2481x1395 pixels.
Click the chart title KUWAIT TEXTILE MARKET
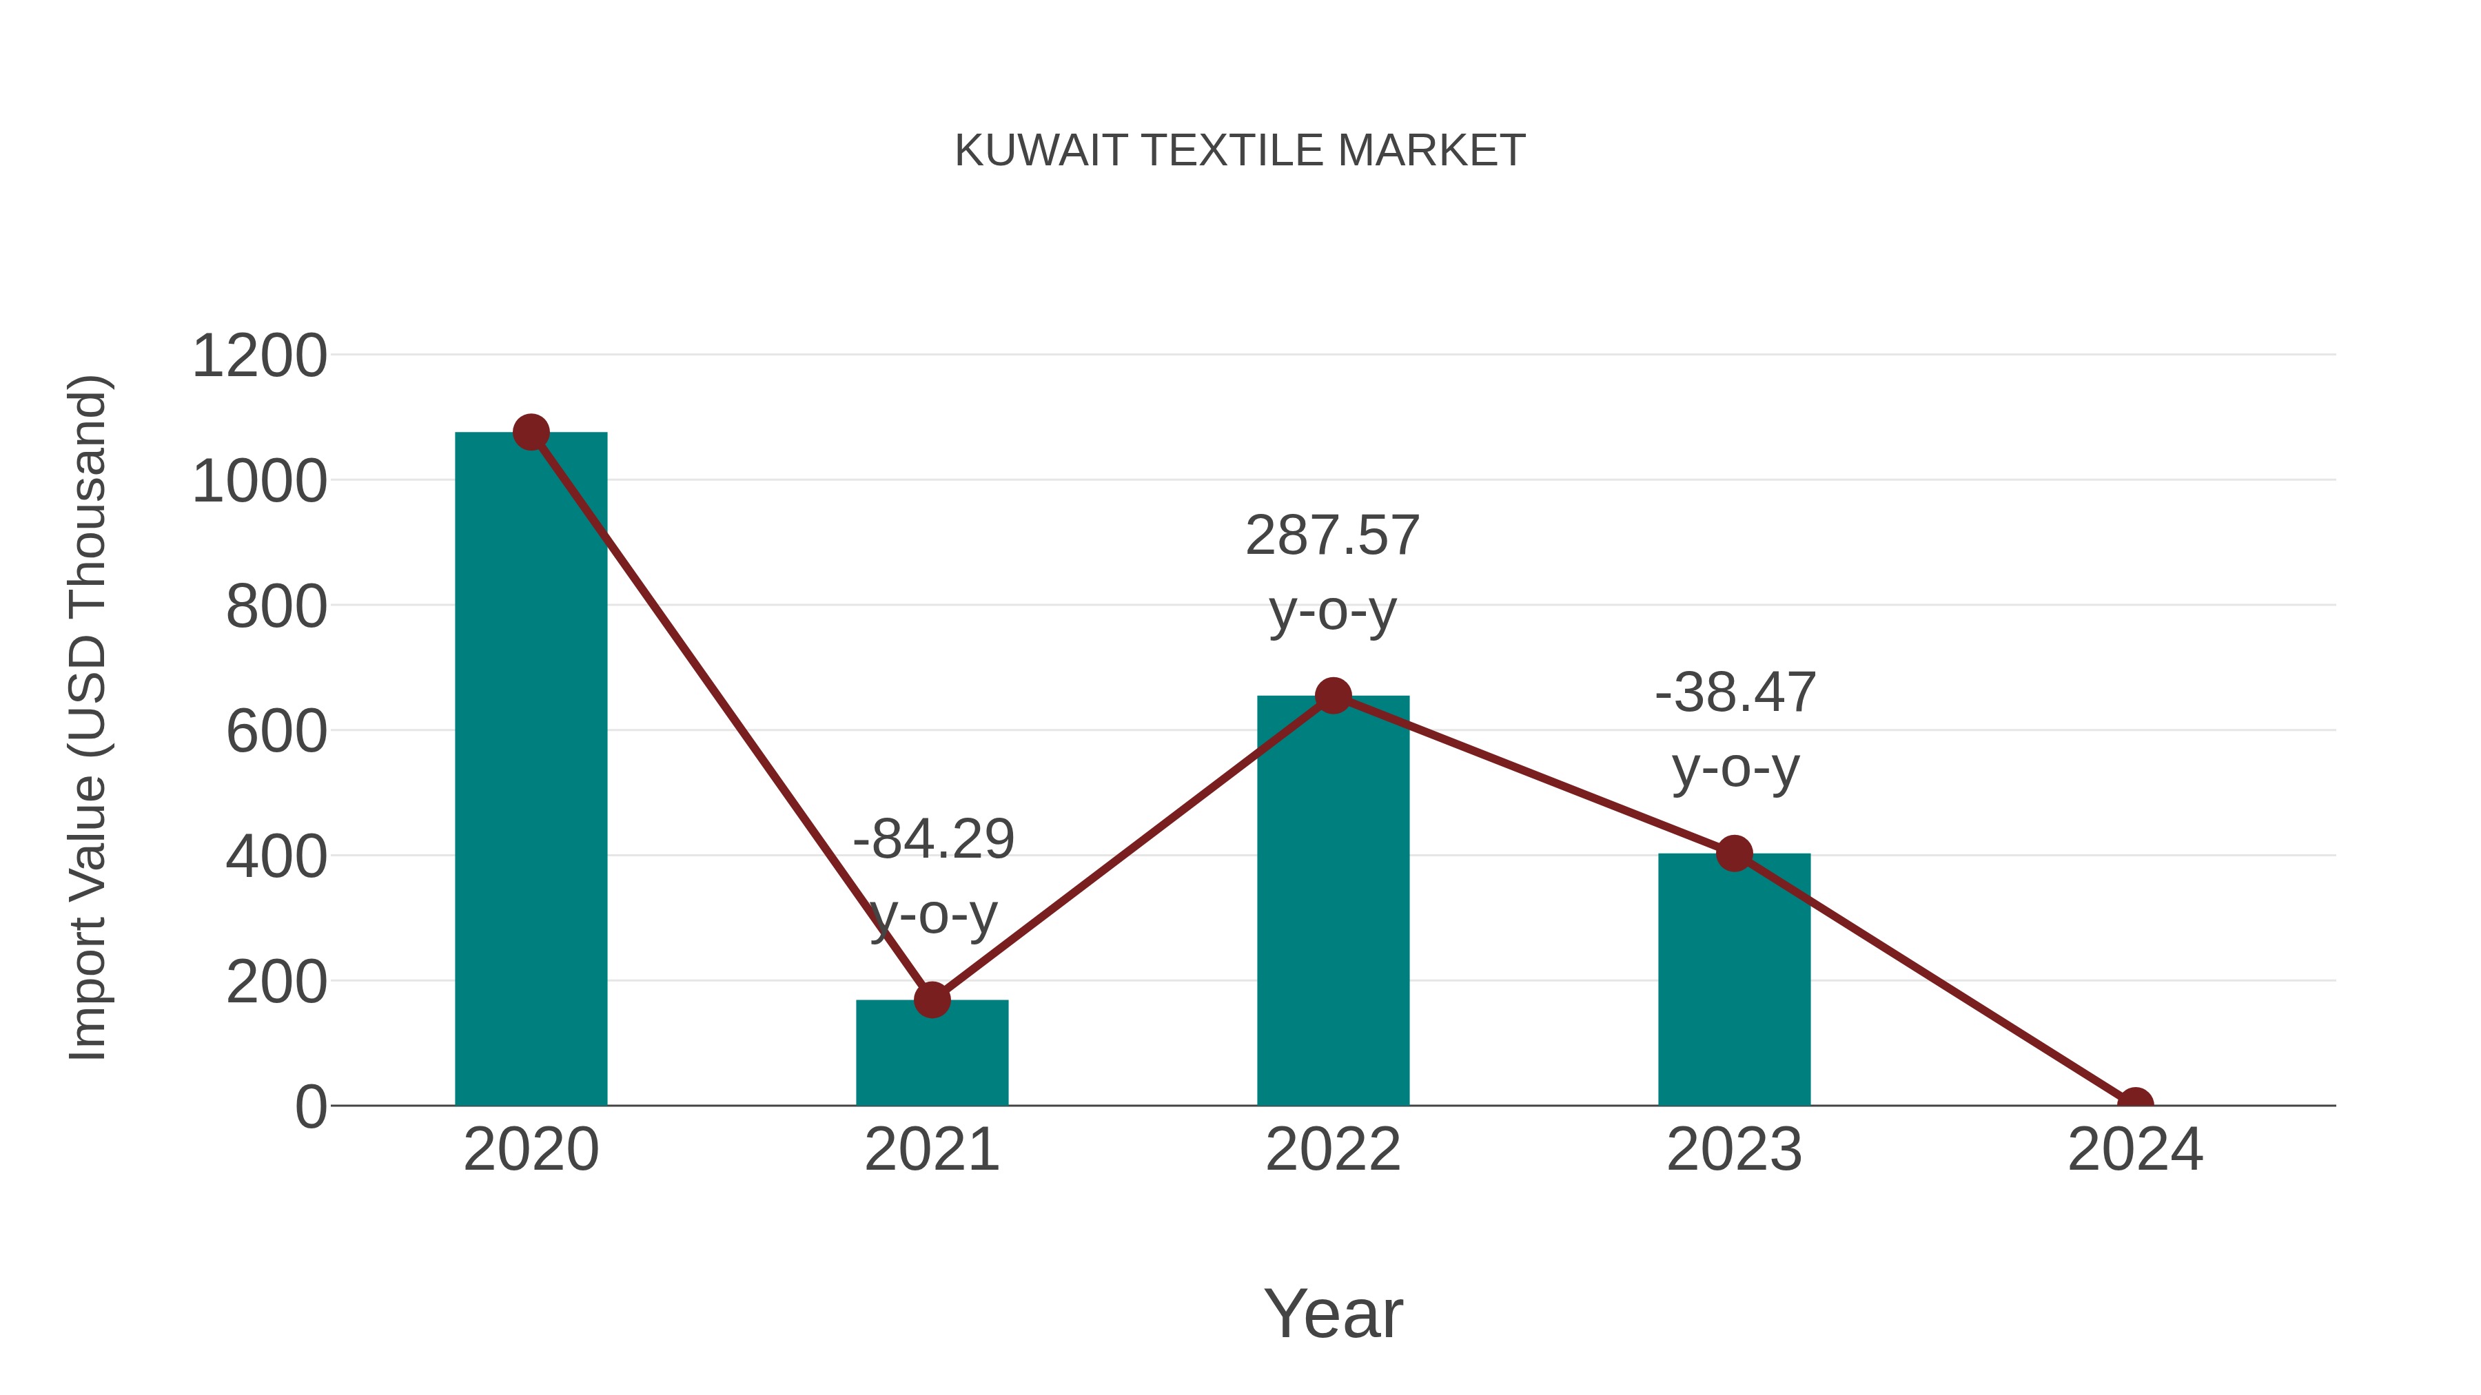coord(1240,151)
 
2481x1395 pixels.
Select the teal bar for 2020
coord(531,770)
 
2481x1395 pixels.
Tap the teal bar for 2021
coord(931,1054)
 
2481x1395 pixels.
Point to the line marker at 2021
coord(931,1000)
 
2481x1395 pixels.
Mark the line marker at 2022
coord(1333,695)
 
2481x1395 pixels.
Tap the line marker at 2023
coord(1734,853)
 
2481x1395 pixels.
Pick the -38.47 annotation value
coord(1735,692)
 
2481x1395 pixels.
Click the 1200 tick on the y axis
coord(259,356)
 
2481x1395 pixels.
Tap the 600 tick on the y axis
coord(276,732)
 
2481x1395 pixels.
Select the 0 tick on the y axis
coord(310,1106)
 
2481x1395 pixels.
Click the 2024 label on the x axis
coord(2135,1150)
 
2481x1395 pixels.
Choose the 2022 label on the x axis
coord(1333,1150)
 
